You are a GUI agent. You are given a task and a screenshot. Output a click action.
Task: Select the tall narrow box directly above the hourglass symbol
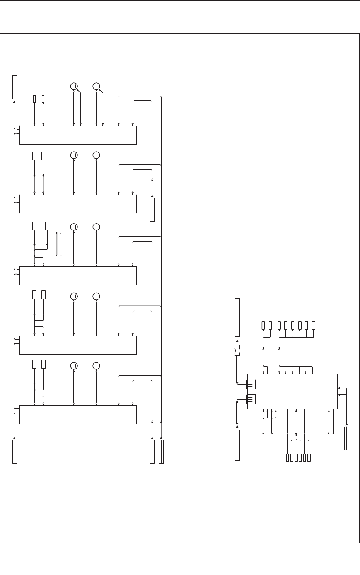pyautogui.click(x=237, y=317)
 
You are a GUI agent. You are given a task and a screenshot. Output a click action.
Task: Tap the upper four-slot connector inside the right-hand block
pyautogui.click(x=251, y=384)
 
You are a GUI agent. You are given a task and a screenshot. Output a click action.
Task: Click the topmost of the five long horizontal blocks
pyautogui.click(x=78, y=135)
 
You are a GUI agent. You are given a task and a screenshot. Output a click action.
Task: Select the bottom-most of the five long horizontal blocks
pyautogui.click(x=78, y=415)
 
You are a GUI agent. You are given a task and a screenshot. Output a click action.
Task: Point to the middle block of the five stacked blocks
pyautogui.click(x=78, y=275)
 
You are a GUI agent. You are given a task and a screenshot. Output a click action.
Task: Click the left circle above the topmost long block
pyautogui.click(x=73, y=86)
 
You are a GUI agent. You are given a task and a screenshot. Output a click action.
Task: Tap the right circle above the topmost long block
pyautogui.click(x=96, y=86)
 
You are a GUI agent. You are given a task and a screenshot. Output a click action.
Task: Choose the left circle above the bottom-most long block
pyautogui.click(x=73, y=366)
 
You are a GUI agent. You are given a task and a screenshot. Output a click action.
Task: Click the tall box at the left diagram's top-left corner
pyautogui.click(x=15, y=87)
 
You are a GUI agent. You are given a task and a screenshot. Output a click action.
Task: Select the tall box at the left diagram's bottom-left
pyautogui.click(x=15, y=451)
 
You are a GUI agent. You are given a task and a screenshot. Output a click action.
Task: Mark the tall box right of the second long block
pyautogui.click(x=152, y=210)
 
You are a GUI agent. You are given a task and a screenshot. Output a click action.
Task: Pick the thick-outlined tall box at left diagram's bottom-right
pyautogui.click(x=161, y=451)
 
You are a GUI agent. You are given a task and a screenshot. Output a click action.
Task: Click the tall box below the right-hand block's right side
pyautogui.click(x=346, y=438)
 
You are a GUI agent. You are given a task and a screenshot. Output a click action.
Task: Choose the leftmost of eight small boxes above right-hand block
pyautogui.click(x=263, y=326)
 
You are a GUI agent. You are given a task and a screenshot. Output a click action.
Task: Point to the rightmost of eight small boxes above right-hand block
pyautogui.click(x=314, y=326)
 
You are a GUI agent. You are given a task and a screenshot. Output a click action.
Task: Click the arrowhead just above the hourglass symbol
pyautogui.click(x=237, y=341)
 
